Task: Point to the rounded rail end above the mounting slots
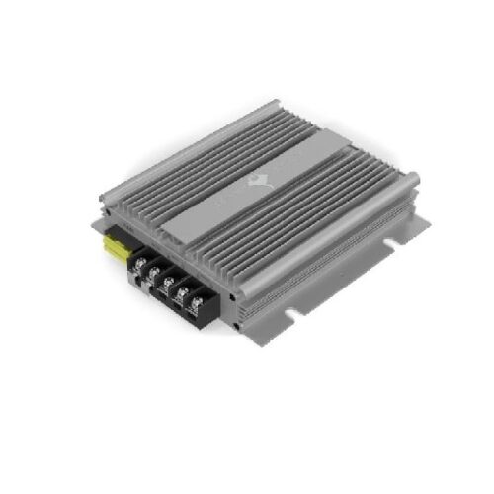point(411,180)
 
